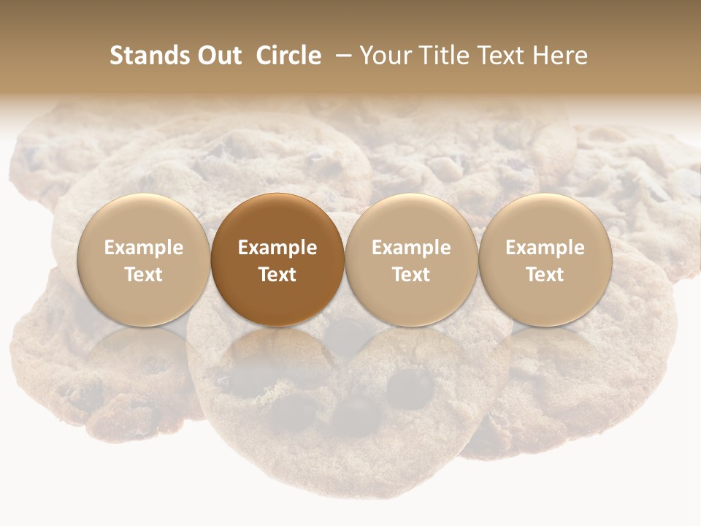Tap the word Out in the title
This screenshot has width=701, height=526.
(218, 56)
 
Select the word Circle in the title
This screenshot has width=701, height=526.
(288, 56)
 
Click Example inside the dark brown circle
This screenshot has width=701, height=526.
(277, 248)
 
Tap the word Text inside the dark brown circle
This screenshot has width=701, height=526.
(277, 275)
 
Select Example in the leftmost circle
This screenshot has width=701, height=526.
(144, 248)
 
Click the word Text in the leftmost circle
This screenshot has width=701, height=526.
(144, 275)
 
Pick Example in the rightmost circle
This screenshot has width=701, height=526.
(545, 248)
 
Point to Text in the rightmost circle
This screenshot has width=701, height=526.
(545, 275)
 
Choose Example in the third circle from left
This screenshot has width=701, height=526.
(411, 248)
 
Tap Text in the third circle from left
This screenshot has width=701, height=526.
(411, 275)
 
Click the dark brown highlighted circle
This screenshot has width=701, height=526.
(277, 219)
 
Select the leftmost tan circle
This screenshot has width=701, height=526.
(144, 219)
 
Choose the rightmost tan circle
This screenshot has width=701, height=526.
(545, 219)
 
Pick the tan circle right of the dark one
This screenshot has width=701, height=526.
(411, 219)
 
